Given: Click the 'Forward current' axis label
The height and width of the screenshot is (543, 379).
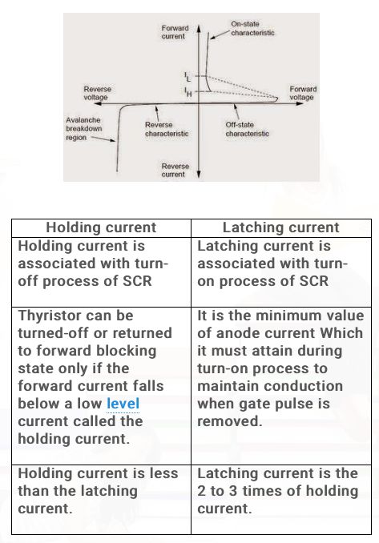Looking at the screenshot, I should [174, 32].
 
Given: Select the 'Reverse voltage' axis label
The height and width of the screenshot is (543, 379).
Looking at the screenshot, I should [97, 93].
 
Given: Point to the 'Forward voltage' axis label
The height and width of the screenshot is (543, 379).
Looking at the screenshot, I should [302, 93].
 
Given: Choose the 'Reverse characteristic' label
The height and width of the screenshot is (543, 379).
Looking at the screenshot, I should [166, 129].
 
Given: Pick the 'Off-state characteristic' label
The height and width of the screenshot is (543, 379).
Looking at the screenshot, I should [248, 129].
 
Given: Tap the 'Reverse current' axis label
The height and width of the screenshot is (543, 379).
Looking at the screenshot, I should [174, 170].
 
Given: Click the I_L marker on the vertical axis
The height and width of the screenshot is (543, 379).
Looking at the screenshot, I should [187, 77].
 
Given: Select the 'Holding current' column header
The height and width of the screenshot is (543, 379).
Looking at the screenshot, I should [101, 227].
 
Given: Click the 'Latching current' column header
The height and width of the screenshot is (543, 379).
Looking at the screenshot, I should [280, 227].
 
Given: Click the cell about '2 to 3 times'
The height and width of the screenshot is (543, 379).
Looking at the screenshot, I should [280, 490].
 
